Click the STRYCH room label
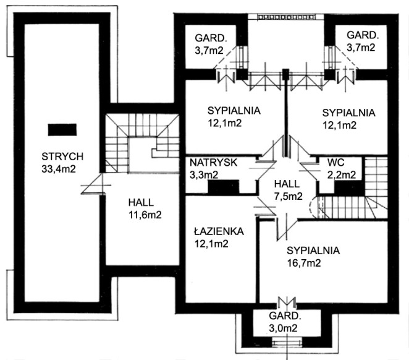(x=59, y=156)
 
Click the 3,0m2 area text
(x=284, y=328)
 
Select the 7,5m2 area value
(x=288, y=197)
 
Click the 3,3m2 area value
(x=204, y=174)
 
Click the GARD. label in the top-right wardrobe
(x=361, y=35)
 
